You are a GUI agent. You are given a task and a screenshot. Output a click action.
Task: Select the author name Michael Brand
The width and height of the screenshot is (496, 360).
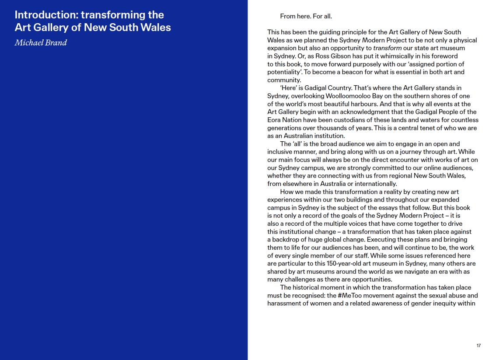pos(41,43)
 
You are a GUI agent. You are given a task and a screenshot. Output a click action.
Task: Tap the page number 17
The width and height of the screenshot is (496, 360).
pos(479,346)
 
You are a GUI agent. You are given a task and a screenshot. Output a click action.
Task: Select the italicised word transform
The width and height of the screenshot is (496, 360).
pos(388,48)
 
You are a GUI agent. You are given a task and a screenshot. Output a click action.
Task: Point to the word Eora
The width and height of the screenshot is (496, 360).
pos(275,120)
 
